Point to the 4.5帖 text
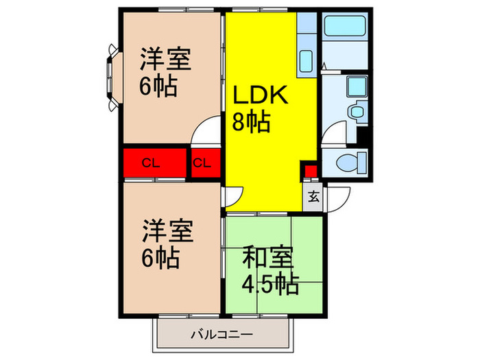(269, 284)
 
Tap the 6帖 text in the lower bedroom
(160, 258)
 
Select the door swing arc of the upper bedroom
(207, 130)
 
